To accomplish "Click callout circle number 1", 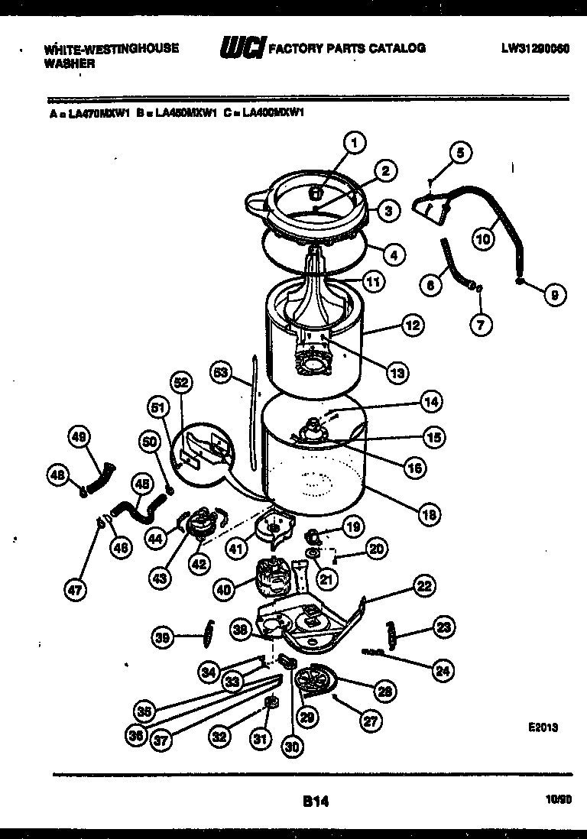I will [354, 141].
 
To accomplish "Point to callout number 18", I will [430, 514].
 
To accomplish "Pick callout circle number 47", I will [75, 589].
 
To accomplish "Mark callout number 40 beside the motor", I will [223, 589].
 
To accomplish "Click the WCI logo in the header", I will [242, 49].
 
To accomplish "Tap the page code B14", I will [314, 802].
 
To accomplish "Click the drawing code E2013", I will [542, 728].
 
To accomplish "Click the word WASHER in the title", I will [69, 64].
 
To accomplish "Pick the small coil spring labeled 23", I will [394, 632].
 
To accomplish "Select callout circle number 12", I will [412, 326].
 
